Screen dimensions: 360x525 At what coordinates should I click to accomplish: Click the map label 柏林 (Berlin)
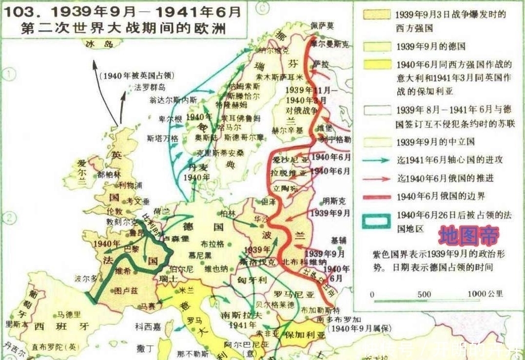(228, 213)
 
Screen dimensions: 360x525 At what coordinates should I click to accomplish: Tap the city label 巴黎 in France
(132, 247)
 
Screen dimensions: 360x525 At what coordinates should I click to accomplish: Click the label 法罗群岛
(150, 87)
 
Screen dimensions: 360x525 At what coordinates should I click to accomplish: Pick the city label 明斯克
(334, 201)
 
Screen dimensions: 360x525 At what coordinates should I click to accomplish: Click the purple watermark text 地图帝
(468, 236)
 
